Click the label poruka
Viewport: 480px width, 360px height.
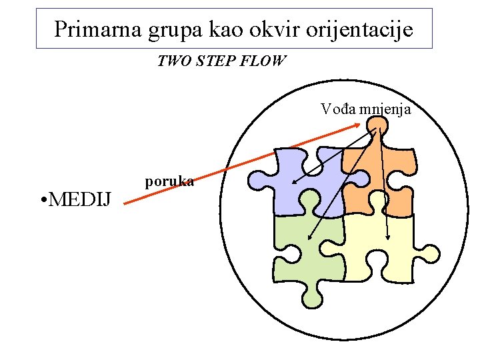point(169,181)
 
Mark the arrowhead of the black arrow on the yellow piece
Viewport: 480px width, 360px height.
point(388,237)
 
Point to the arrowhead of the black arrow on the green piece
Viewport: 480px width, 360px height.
point(309,237)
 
